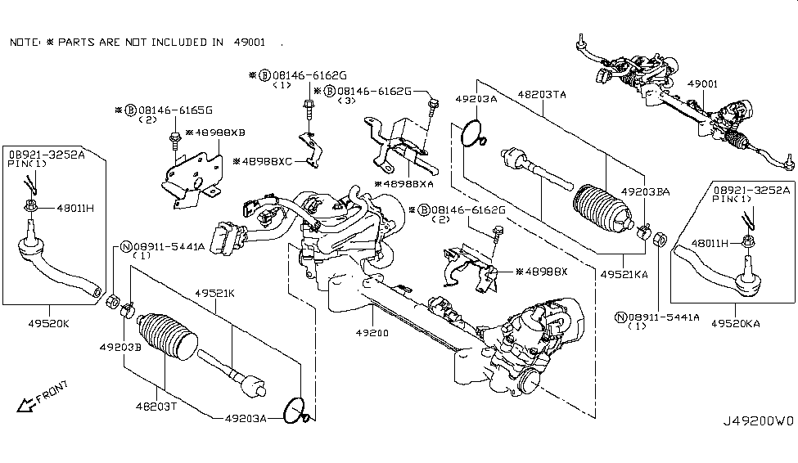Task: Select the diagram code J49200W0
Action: click(x=758, y=423)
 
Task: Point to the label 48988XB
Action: click(x=217, y=132)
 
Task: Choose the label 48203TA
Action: click(x=542, y=95)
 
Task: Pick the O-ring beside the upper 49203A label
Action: click(x=472, y=133)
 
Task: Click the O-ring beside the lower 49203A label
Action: click(x=297, y=411)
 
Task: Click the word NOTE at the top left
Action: click(x=25, y=42)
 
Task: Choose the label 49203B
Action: click(x=121, y=347)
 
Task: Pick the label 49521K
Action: click(x=214, y=292)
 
